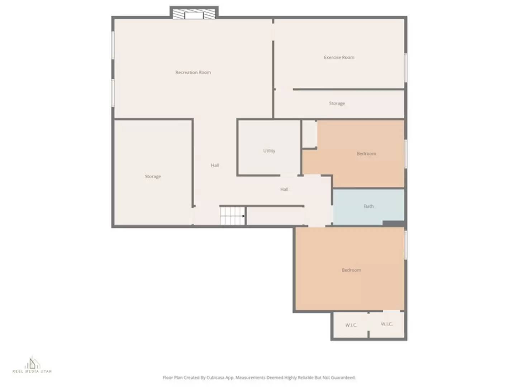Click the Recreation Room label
(193, 72)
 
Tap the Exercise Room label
(339, 57)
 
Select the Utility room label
(269, 151)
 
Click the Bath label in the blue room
(369, 206)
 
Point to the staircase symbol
(232, 216)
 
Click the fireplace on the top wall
(194, 14)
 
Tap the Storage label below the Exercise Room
(337, 104)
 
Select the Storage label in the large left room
(153, 177)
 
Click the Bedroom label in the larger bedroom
(351, 270)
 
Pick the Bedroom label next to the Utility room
(366, 154)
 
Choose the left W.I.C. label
(351, 325)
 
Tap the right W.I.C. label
(386, 324)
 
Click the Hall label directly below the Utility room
(284, 189)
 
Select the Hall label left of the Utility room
(215, 165)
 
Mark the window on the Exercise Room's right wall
(405, 67)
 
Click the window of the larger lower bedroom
(405, 245)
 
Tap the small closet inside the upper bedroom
(309, 134)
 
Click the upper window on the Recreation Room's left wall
(113, 45)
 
